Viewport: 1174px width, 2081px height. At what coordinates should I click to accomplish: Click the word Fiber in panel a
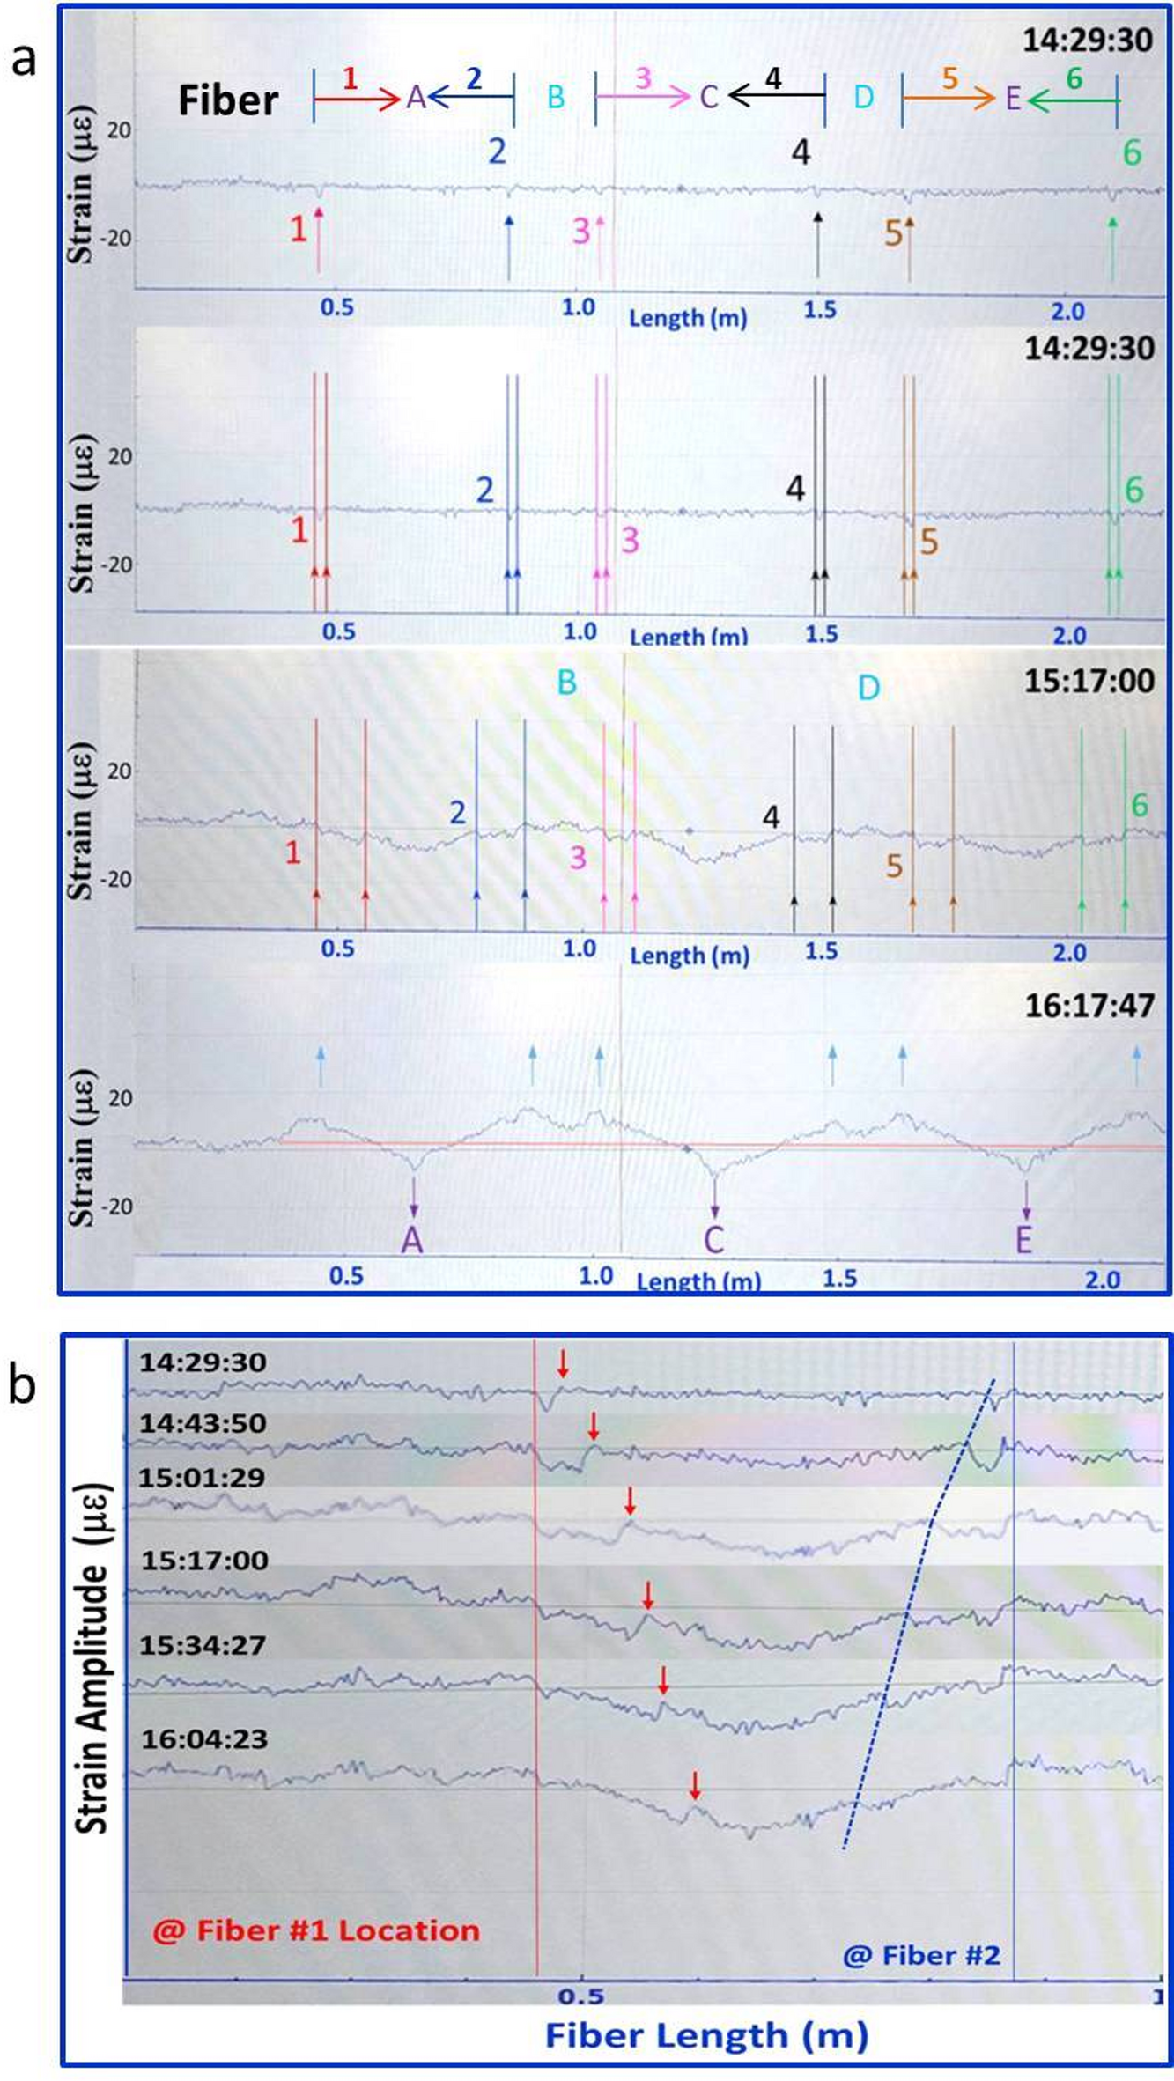coord(228,100)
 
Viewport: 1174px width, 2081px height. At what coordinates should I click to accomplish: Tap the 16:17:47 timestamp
coord(1089,1006)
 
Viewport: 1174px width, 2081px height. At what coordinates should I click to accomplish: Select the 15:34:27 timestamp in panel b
coord(203,1645)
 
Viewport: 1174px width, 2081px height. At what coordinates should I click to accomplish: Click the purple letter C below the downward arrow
coord(713,1240)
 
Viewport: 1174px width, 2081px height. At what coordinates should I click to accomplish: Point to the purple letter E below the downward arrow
coord(1023,1240)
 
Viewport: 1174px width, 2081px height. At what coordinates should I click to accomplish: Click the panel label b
coord(22,1384)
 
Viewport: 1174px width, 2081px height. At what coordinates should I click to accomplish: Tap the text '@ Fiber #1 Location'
coord(316,1930)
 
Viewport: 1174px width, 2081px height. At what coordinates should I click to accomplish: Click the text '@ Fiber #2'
coord(921,1956)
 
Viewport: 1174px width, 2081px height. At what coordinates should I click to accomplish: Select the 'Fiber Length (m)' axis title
coord(706,2036)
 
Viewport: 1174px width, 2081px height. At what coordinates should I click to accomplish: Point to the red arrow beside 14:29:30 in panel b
coord(563,1365)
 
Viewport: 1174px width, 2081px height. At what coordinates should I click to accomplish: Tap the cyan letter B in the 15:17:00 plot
coord(566,682)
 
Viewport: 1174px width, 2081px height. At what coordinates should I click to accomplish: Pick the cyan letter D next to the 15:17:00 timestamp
coord(868,688)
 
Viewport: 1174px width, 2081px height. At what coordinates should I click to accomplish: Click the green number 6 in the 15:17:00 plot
coord(1140,805)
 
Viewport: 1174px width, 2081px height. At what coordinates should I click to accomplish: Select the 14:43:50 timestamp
coord(203,1423)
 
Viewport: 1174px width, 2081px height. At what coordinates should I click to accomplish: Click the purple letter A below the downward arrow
coord(412,1240)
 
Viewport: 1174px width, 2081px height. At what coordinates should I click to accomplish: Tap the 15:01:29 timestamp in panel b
coord(202,1477)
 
